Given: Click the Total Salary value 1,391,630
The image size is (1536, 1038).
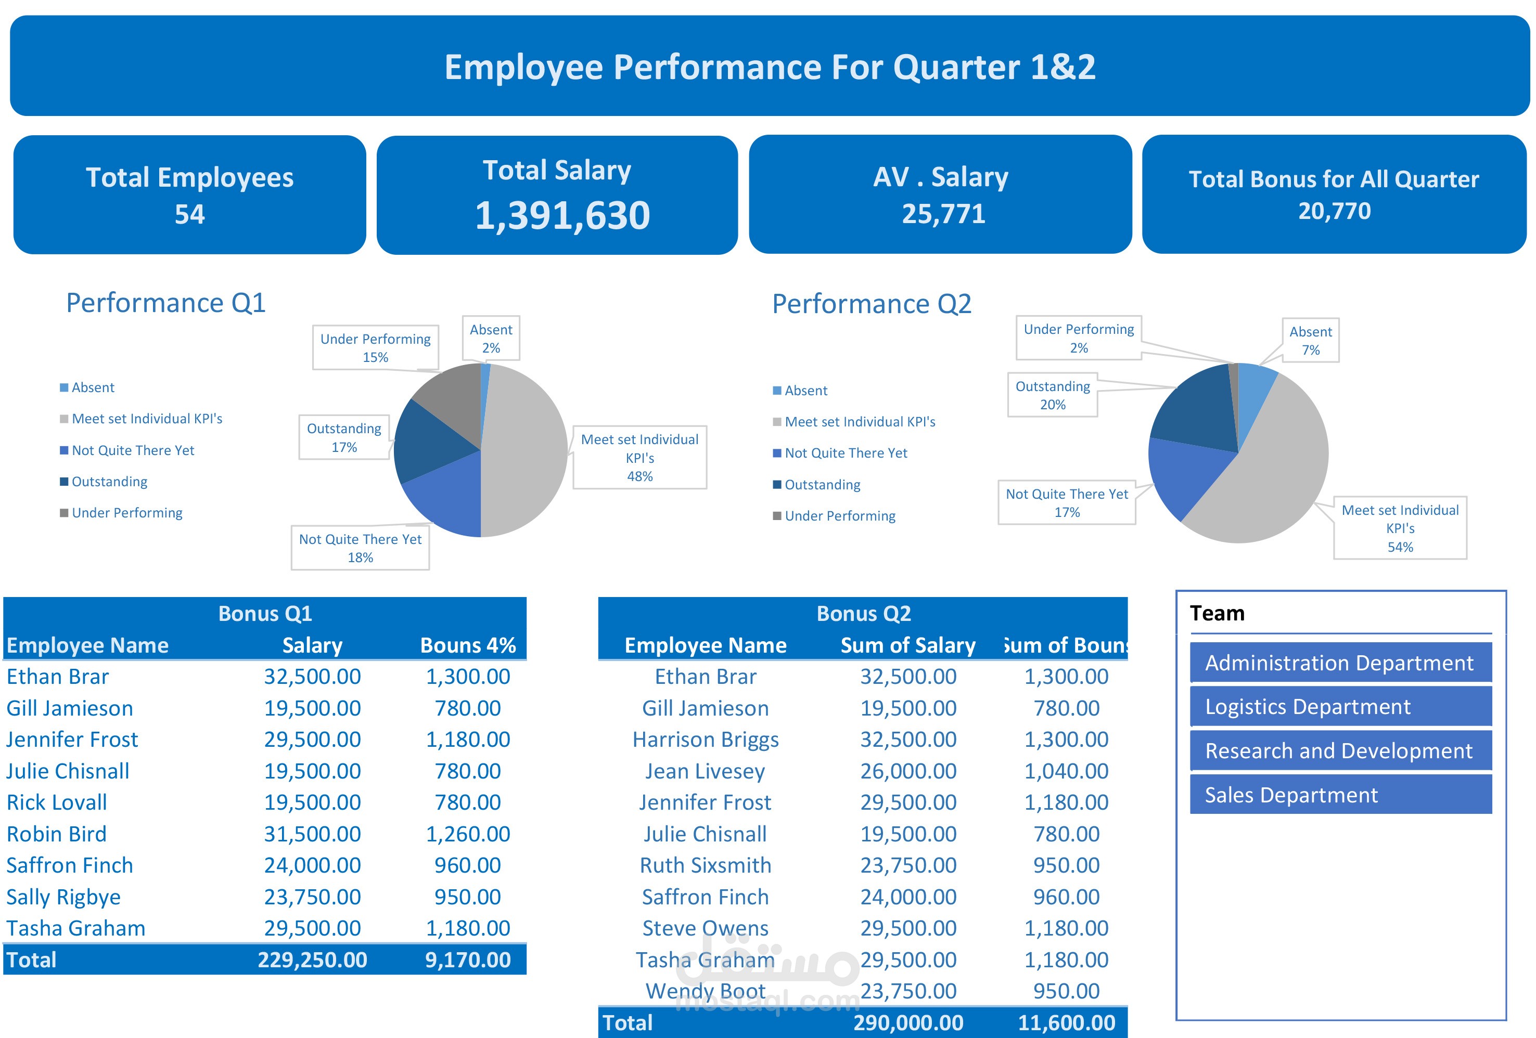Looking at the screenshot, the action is click(x=562, y=215).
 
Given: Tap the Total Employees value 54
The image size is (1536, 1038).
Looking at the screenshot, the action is click(x=190, y=214).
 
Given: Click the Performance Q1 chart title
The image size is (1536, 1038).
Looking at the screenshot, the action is click(x=166, y=303).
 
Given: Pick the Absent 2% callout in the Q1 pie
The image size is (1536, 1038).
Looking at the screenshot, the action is click(x=491, y=339).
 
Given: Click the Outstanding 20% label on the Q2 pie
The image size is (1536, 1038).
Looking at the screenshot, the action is click(x=1052, y=395).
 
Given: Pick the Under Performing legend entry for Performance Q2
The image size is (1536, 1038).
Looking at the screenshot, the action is click(x=834, y=516).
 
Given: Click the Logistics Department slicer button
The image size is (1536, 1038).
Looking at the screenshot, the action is click(x=1340, y=706).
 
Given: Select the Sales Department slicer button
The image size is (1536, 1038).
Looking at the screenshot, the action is click(x=1340, y=794).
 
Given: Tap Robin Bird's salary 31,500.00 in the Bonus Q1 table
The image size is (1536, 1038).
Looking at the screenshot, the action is click(x=313, y=834).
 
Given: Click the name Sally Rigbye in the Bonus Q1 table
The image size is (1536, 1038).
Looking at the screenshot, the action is click(x=63, y=897).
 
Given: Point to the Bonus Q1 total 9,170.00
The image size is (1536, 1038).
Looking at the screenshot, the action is click(x=467, y=960).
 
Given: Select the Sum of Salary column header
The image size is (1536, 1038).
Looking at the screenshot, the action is click(x=907, y=645).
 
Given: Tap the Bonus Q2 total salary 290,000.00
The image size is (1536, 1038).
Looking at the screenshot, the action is click(x=908, y=1023).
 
